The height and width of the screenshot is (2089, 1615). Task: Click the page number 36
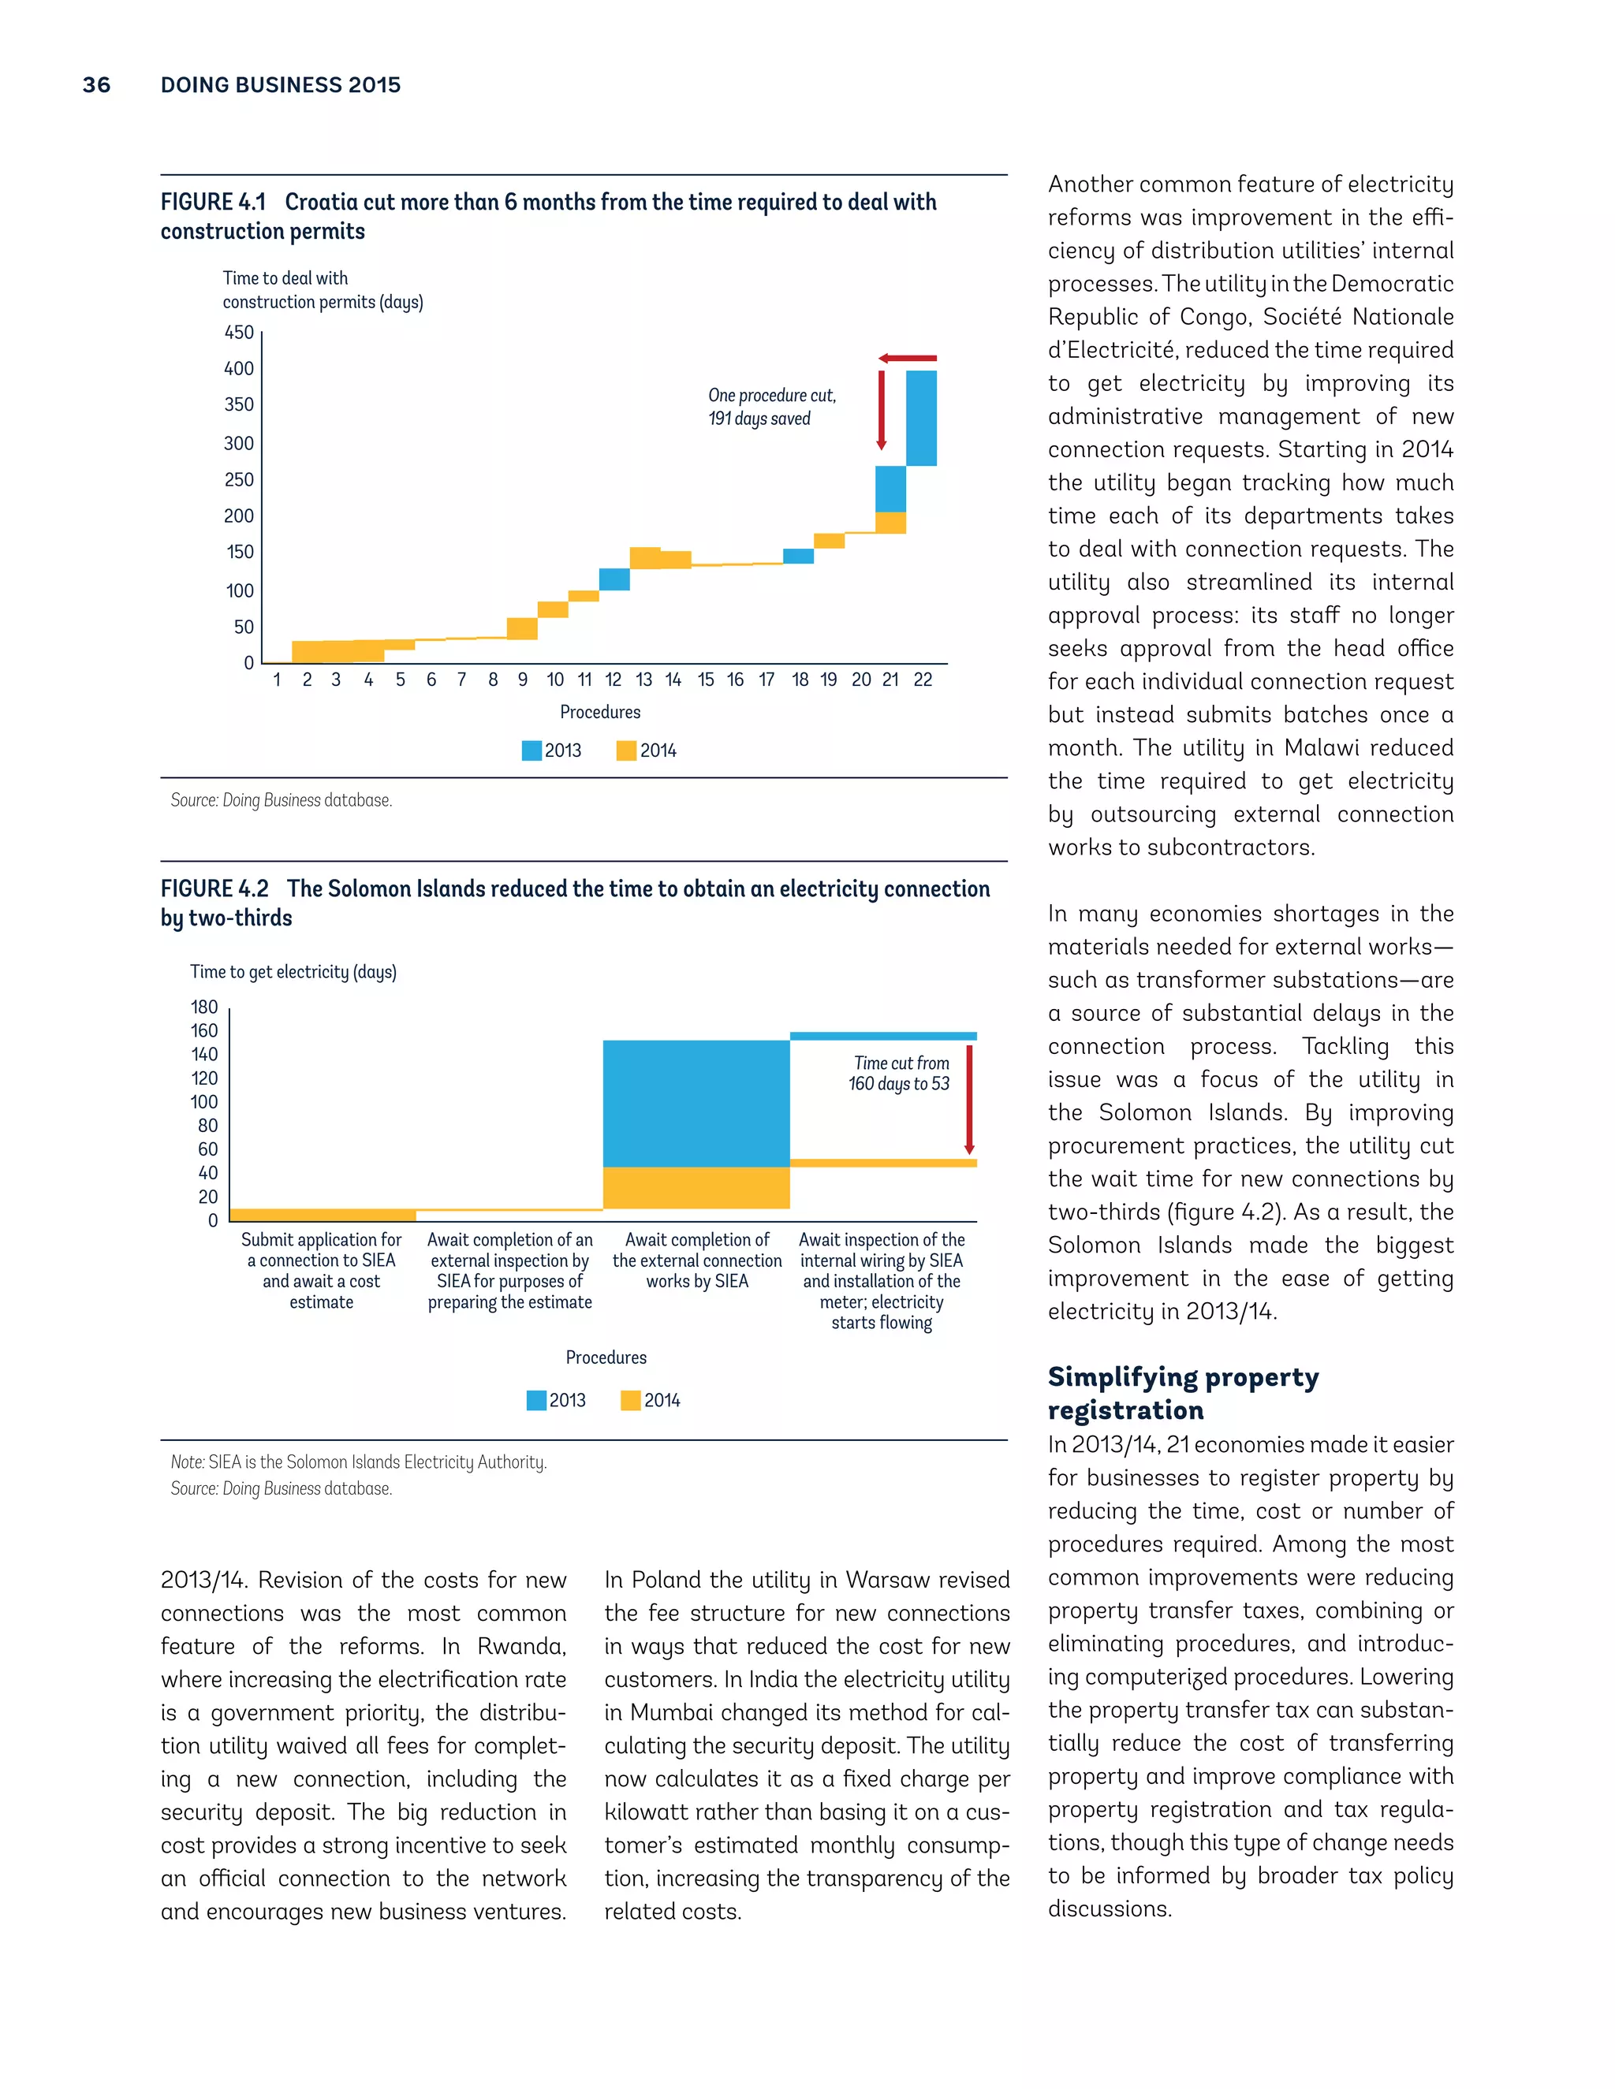(x=97, y=85)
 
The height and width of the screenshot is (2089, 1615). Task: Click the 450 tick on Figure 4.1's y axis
(x=239, y=333)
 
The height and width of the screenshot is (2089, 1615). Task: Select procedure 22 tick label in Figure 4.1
(x=923, y=679)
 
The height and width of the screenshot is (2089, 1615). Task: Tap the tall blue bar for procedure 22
(x=921, y=418)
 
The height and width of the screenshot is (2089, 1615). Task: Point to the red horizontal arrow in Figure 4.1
(x=907, y=359)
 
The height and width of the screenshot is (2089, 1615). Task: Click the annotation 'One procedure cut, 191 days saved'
(x=771, y=407)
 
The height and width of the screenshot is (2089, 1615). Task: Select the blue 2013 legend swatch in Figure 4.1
(x=531, y=750)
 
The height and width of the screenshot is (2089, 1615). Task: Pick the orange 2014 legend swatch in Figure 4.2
(x=631, y=1400)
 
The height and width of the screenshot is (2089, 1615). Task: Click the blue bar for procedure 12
(x=614, y=579)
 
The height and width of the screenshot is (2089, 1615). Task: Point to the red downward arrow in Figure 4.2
(x=969, y=1100)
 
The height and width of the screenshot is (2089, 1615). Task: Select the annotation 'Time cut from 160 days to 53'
(x=899, y=1073)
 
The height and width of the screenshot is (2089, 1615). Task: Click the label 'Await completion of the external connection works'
(x=696, y=1260)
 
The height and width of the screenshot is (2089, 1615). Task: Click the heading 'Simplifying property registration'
(x=1183, y=1393)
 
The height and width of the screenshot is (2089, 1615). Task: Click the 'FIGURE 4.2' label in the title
(x=214, y=888)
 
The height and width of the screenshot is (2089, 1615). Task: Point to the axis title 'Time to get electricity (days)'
(x=293, y=972)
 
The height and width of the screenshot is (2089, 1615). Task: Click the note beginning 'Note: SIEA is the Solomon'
(x=359, y=1462)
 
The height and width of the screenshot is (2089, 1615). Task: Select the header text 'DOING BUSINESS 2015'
(x=280, y=85)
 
